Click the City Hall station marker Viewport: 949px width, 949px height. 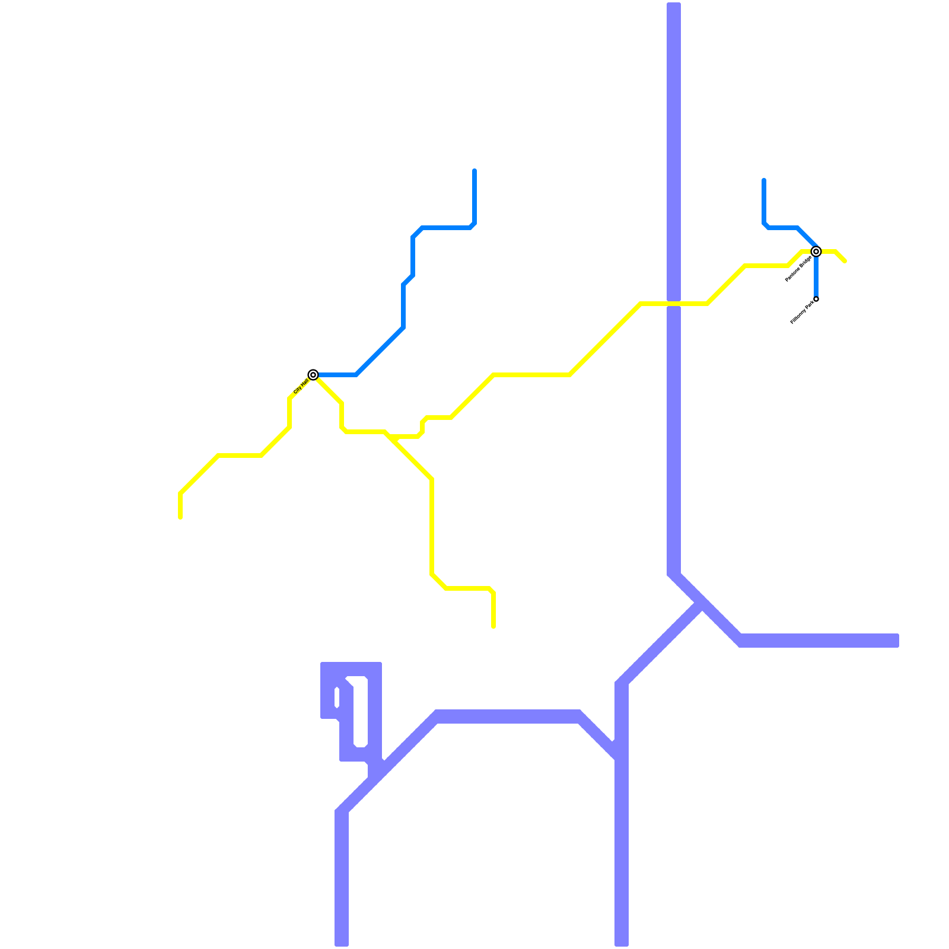click(x=313, y=374)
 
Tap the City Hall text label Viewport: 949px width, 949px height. click(x=301, y=386)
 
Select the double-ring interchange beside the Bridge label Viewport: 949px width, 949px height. click(x=816, y=251)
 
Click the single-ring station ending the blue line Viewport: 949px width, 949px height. click(x=816, y=299)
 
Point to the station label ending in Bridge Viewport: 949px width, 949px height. click(x=798, y=269)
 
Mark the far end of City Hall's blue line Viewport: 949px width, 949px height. click(x=474, y=171)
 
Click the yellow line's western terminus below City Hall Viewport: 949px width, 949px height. click(x=180, y=517)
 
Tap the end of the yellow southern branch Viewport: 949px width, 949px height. click(x=493, y=626)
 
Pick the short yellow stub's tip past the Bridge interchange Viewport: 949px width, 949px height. click(x=845, y=260)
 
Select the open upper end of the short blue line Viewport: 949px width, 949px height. click(x=764, y=180)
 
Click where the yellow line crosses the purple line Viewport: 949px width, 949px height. click(x=674, y=304)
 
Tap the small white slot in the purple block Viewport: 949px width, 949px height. click(x=337, y=698)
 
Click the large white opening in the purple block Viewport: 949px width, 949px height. click(x=360, y=712)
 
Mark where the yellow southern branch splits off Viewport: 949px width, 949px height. click(x=387, y=434)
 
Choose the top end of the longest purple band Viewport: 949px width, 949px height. click(x=674, y=5)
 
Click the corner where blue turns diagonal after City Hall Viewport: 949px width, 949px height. click(x=356, y=374)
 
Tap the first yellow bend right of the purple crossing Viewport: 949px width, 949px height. click(x=708, y=303)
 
